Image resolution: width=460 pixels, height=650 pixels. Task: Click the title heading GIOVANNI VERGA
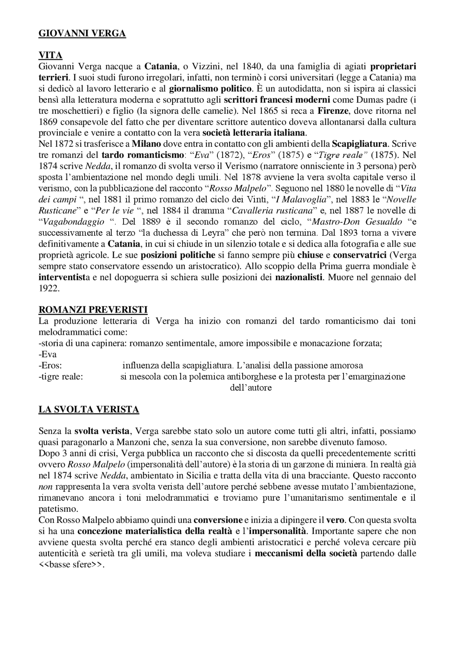tap(82, 33)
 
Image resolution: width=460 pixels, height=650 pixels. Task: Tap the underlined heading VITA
tap(50, 55)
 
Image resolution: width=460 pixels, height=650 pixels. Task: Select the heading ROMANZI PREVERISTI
tap(93, 310)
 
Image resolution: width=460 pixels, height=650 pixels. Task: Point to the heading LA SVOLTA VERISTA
tap(89, 410)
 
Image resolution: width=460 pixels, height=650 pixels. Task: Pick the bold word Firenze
tap(331, 111)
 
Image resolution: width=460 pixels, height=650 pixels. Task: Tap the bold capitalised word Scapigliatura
tap(360, 144)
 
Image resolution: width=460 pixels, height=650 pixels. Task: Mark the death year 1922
tap(49, 289)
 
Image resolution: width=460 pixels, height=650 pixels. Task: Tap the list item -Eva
tap(48, 354)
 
